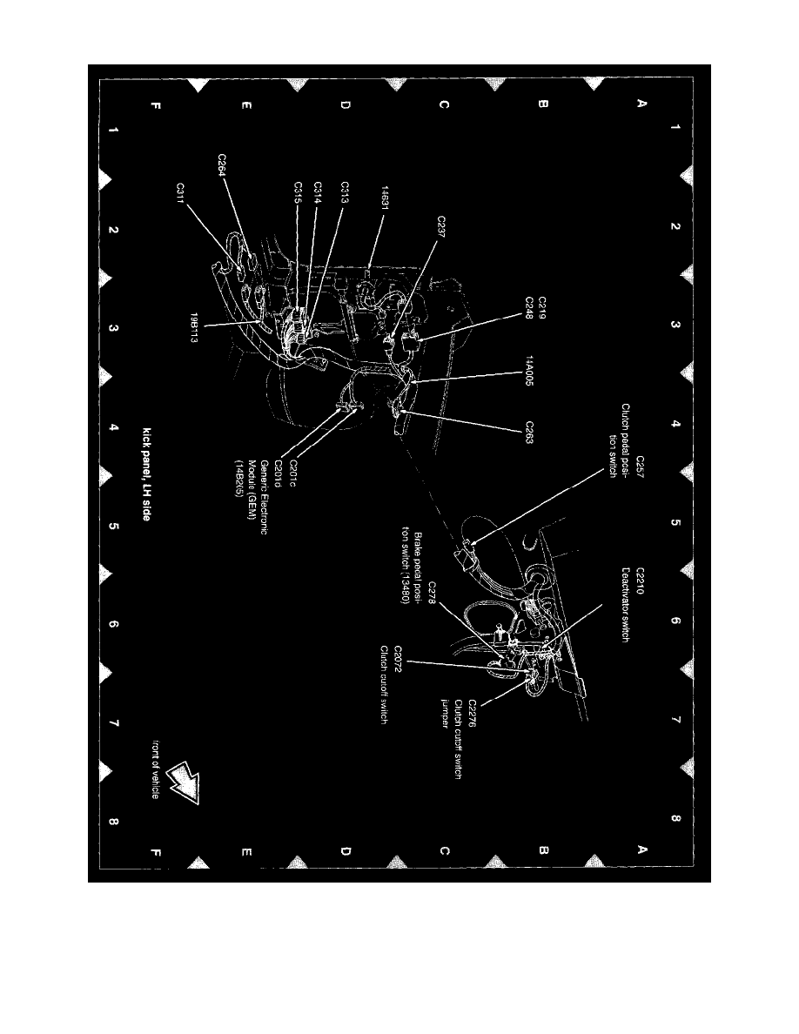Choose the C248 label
point(527,307)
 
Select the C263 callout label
point(528,433)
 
